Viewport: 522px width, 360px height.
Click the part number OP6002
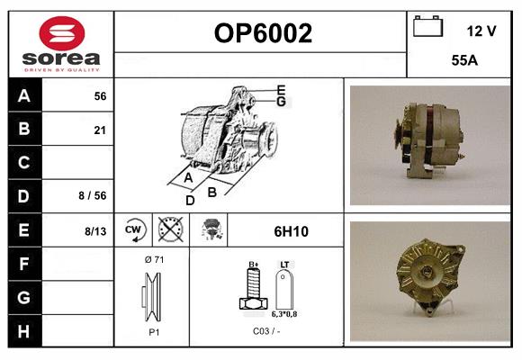point(263,33)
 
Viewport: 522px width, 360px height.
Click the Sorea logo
point(60,43)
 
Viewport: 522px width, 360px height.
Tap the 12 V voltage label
point(481,31)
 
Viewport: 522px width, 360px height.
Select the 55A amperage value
point(463,62)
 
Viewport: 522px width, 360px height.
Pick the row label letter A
point(23,96)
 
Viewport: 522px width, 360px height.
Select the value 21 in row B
point(100,130)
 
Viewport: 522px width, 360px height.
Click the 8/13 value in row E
point(94,231)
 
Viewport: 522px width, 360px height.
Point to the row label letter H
point(23,330)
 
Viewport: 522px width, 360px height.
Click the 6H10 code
point(291,231)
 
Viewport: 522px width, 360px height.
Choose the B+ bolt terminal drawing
point(254,290)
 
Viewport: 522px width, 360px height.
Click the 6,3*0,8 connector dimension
point(284,315)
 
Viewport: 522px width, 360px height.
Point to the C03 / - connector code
point(267,331)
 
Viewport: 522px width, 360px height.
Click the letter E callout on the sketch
point(281,89)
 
